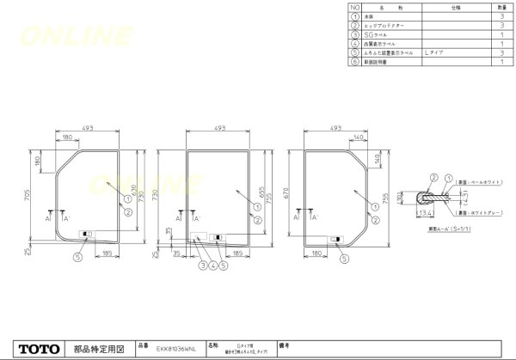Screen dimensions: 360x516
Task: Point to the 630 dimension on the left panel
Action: (x=133, y=189)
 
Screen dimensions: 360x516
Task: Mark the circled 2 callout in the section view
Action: (x=433, y=178)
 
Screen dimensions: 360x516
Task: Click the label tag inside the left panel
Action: (x=86, y=233)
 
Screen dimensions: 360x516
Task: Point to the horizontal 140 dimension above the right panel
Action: (x=355, y=137)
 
